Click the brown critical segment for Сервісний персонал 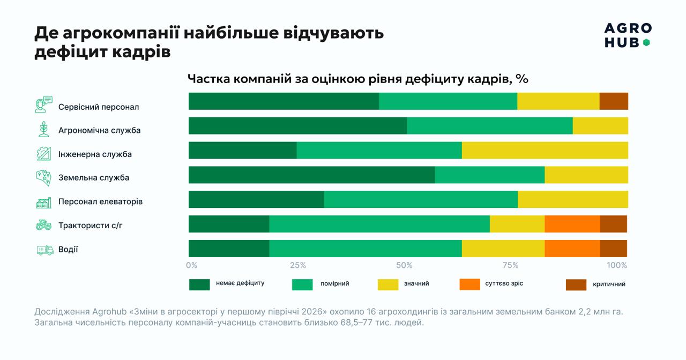[614, 101]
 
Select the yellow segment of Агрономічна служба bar [600, 125]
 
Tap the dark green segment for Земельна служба [312, 175]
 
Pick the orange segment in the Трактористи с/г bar [572, 224]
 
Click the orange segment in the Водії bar [572, 248]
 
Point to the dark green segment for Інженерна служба [243, 151]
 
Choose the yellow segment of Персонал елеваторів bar [573, 199]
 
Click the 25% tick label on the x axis [298, 265]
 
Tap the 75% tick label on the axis [511, 265]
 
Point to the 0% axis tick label [192, 265]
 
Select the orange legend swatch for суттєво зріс [470, 284]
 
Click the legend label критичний [609, 284]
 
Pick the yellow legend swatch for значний [388, 284]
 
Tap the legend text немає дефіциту [240, 283]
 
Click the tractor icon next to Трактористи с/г [44, 225]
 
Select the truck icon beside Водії [44, 250]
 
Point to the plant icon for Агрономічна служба [44, 129]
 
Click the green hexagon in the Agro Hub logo [646, 43]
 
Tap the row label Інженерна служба [95, 154]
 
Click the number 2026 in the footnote [312, 312]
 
